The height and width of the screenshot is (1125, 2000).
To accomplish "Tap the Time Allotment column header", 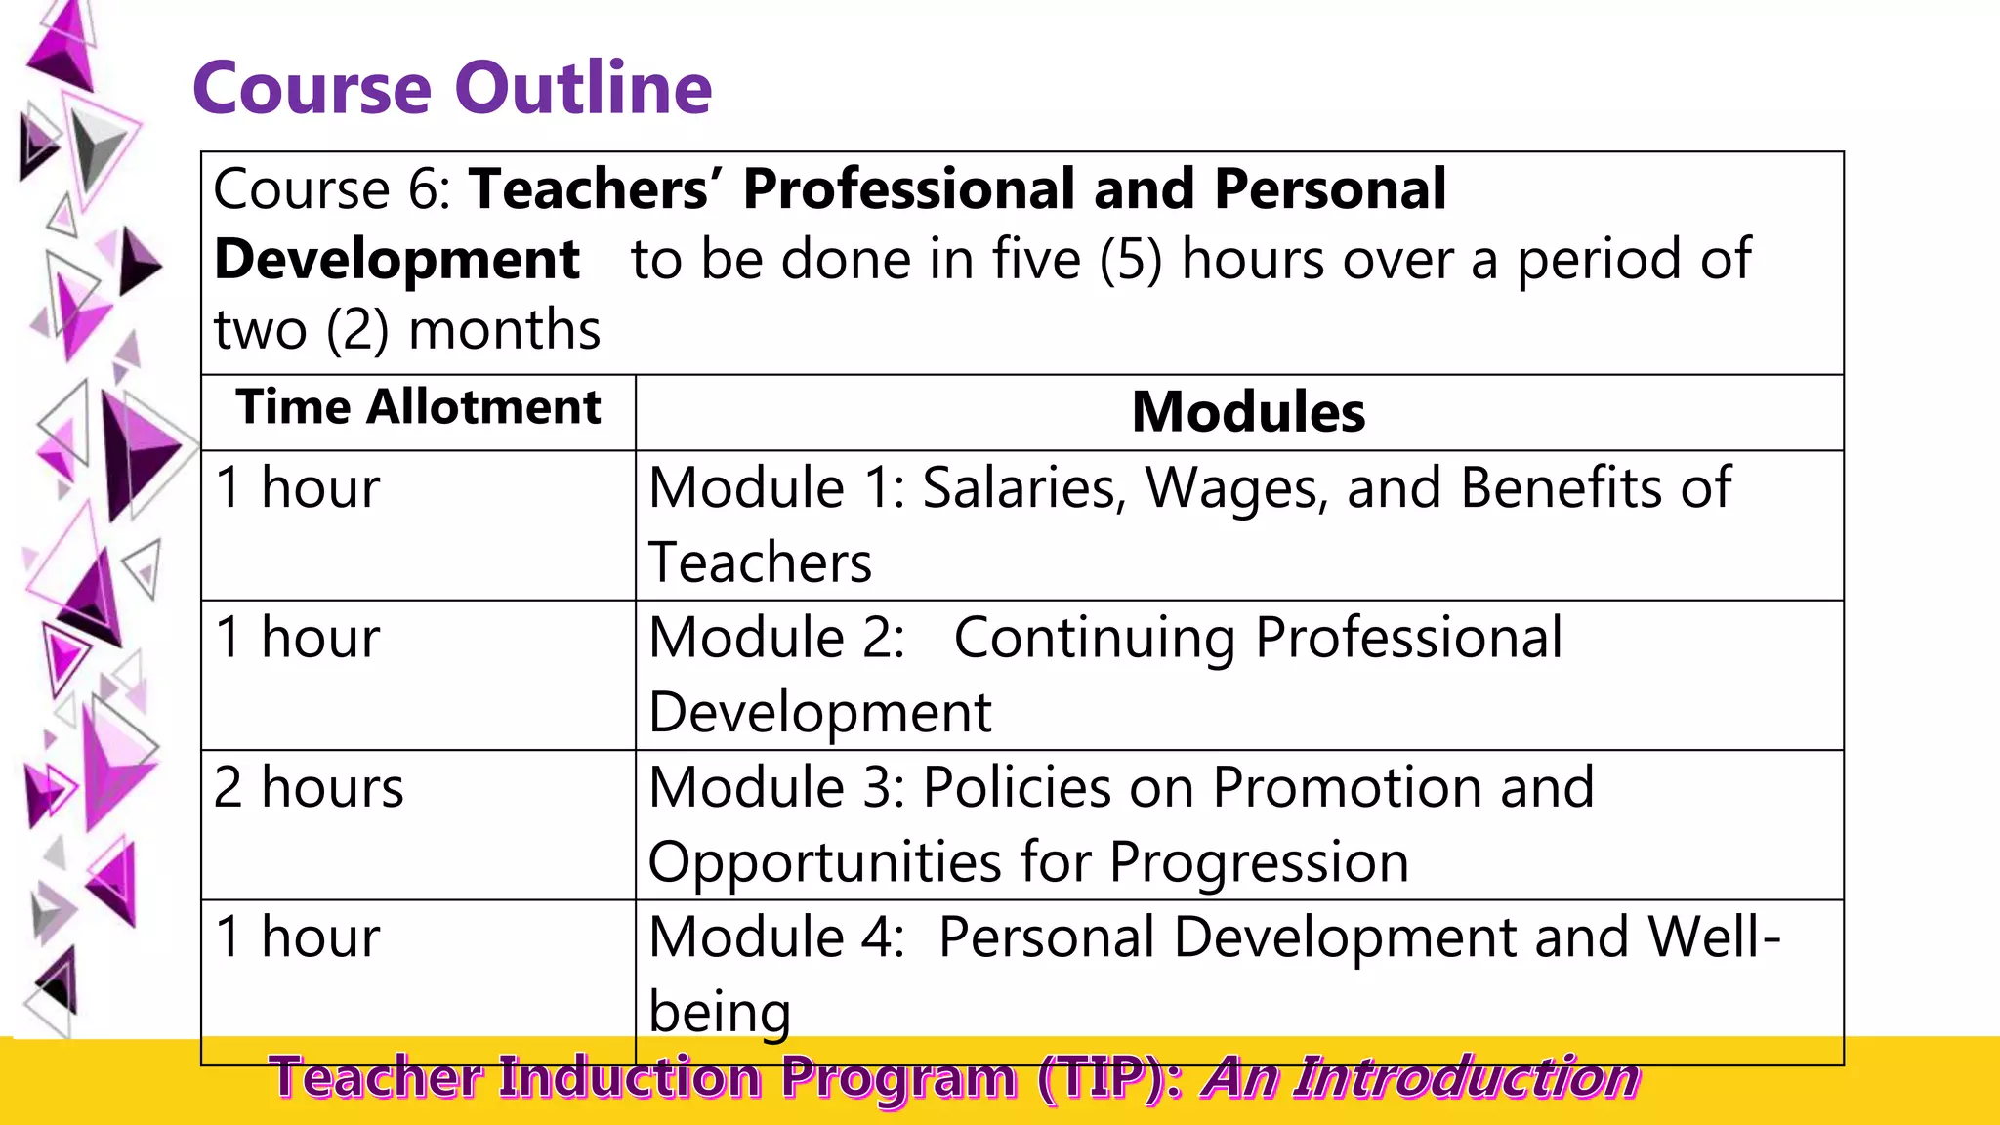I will coord(418,407).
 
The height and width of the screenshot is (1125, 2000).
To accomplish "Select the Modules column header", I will coord(1247,412).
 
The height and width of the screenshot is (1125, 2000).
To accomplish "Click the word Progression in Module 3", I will coord(1259,862).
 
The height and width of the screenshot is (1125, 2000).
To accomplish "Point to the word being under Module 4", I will coord(720,1012).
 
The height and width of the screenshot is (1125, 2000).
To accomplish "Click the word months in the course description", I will coord(504,330).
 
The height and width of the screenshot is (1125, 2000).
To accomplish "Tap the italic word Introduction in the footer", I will coord(1469,1078).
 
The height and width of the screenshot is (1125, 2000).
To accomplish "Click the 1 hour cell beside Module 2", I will coord(297,638).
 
